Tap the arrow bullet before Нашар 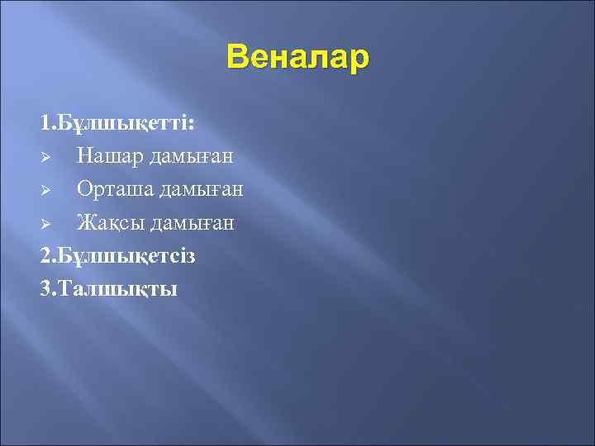point(47,157)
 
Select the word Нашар point(107,156)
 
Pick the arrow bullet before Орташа point(47,191)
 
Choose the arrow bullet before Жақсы point(47,224)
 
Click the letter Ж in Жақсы point(84,223)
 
